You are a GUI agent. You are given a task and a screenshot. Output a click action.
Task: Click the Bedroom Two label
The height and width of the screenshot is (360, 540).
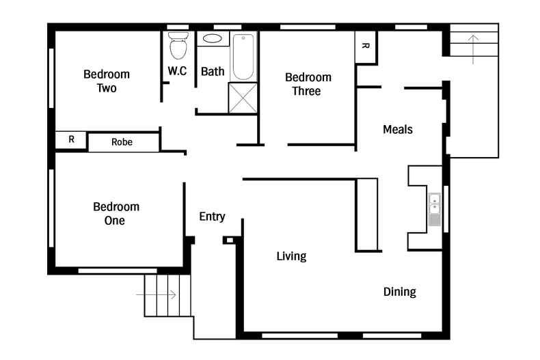pyautogui.click(x=107, y=81)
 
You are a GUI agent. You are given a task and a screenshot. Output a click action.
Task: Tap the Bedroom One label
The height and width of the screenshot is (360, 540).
pyautogui.click(x=116, y=213)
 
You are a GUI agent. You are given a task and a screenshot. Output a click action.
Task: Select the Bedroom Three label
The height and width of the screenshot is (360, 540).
pyautogui.click(x=308, y=84)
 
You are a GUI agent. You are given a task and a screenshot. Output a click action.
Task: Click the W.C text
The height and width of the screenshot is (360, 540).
pyautogui.click(x=177, y=71)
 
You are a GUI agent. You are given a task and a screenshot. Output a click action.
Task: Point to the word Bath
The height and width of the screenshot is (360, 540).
pyautogui.click(x=212, y=71)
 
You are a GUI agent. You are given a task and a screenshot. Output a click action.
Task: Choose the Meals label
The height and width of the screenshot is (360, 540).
pyautogui.click(x=397, y=129)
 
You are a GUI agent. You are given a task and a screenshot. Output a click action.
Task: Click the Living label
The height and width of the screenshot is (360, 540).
pyautogui.click(x=291, y=256)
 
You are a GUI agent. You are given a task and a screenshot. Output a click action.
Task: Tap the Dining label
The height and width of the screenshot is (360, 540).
pyautogui.click(x=399, y=292)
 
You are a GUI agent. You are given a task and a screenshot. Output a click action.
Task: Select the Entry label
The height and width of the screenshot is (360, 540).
pyautogui.click(x=212, y=217)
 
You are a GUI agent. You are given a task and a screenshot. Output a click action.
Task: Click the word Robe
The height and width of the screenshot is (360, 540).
pyautogui.click(x=122, y=142)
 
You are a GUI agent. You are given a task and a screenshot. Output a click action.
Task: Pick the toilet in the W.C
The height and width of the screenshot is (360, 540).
pyautogui.click(x=178, y=46)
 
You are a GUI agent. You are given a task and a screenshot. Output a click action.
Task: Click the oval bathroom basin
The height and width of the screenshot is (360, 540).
pyautogui.click(x=213, y=39)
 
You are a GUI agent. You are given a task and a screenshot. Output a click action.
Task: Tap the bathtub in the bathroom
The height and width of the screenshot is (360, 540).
pyautogui.click(x=243, y=55)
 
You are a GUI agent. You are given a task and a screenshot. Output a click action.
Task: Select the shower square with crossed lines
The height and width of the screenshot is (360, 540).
pyautogui.click(x=242, y=97)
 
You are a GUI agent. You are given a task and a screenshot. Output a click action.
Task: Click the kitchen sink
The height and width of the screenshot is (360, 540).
pyautogui.click(x=435, y=210)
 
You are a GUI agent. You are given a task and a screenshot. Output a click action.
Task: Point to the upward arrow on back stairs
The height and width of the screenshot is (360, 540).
pyautogui.click(x=473, y=49)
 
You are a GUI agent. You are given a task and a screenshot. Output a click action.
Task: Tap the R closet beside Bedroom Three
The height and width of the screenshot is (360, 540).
pyautogui.click(x=365, y=47)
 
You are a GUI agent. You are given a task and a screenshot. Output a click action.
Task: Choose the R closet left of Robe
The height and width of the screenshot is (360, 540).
pyautogui.click(x=71, y=140)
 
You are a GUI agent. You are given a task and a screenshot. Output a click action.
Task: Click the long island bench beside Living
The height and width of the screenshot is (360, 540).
pyautogui.click(x=367, y=214)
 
